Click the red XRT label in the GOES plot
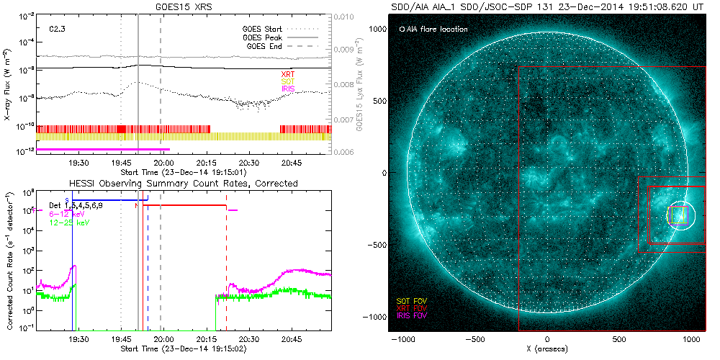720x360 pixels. click(288, 74)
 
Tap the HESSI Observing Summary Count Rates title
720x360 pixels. click(184, 184)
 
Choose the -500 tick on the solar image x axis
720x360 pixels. click(474, 338)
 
